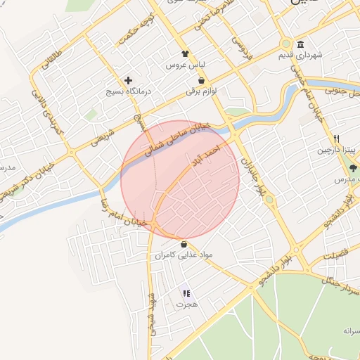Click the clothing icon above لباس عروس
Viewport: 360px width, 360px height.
(184, 53)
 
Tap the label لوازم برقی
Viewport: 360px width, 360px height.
(203, 91)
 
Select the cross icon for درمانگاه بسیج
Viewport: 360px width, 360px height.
(128, 80)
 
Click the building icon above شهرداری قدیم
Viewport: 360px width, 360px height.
(300, 44)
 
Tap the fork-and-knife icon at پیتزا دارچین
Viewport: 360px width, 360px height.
(337, 139)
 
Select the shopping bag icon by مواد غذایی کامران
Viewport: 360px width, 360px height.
(184, 244)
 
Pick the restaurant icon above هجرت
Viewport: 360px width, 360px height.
(186, 294)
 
